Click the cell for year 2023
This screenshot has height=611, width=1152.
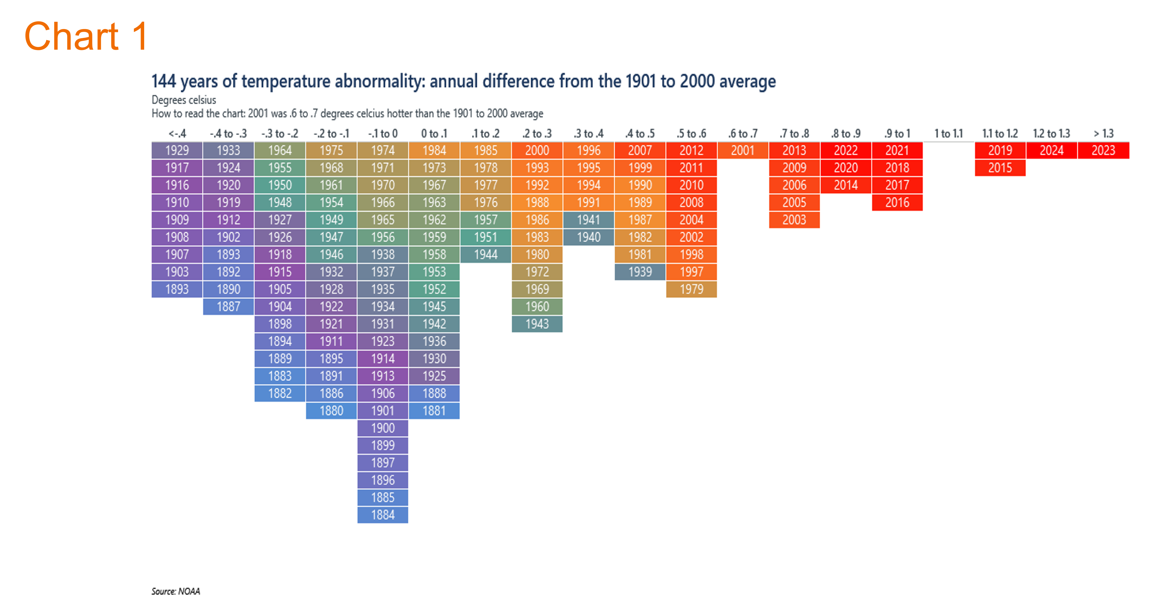pyautogui.click(x=1103, y=151)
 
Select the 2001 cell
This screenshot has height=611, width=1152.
pyautogui.click(x=743, y=151)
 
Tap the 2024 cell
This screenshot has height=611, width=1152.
pyautogui.click(x=1051, y=151)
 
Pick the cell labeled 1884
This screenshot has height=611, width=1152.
pyautogui.click(x=383, y=515)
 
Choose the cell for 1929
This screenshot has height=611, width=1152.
pyautogui.click(x=177, y=151)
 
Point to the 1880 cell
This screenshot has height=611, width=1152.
pyautogui.click(x=331, y=411)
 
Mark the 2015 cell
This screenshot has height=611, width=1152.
pyautogui.click(x=1000, y=168)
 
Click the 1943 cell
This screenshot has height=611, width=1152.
pyautogui.click(x=537, y=324)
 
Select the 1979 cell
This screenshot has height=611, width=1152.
pyautogui.click(x=691, y=289)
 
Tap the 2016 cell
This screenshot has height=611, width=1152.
pyautogui.click(x=897, y=202)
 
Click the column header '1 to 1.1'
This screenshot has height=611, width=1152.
pyautogui.click(x=948, y=134)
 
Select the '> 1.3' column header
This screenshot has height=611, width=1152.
pyautogui.click(x=1103, y=134)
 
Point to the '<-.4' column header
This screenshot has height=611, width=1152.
pyautogui.click(x=177, y=134)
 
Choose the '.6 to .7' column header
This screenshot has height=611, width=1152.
pyautogui.click(x=743, y=134)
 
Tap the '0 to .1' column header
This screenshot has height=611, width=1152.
pyautogui.click(x=434, y=134)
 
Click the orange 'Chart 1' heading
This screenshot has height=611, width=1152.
pyautogui.click(x=86, y=36)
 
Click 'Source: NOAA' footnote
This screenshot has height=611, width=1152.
pyautogui.click(x=176, y=591)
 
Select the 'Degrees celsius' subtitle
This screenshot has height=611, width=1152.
pyautogui.click(x=184, y=100)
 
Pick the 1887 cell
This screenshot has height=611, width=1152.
pyautogui.click(x=229, y=307)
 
